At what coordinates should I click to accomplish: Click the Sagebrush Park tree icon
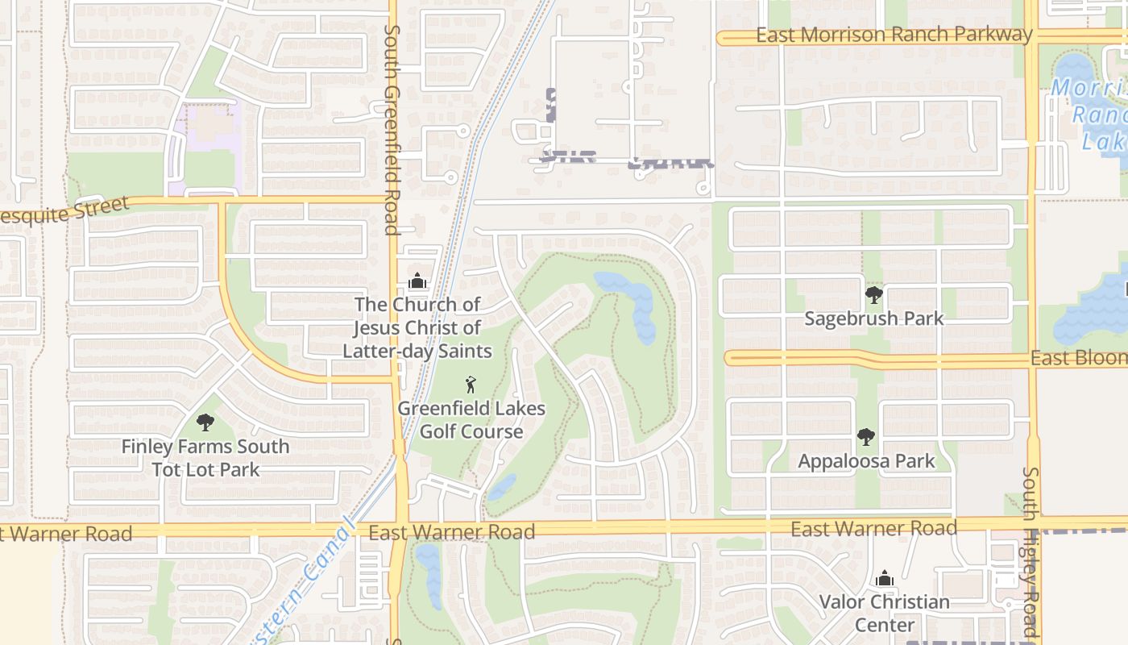click(873, 295)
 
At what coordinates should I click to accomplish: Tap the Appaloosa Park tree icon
click(866, 437)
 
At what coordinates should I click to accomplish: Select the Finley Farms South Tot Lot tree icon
click(205, 422)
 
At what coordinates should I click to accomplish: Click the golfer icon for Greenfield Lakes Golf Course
click(471, 385)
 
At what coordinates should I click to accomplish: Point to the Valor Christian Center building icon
click(885, 578)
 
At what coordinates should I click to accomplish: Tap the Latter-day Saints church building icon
click(417, 281)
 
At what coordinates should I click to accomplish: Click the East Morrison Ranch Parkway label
click(894, 35)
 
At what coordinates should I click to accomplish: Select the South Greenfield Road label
click(392, 129)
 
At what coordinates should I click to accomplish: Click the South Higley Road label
click(1031, 552)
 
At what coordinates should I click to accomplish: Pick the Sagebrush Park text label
click(873, 318)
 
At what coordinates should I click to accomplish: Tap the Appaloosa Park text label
click(866, 461)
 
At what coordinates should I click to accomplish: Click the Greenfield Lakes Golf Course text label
click(471, 420)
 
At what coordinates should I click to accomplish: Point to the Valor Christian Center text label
click(885, 613)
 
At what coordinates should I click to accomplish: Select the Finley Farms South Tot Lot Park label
click(205, 458)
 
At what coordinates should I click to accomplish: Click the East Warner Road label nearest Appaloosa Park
click(873, 529)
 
